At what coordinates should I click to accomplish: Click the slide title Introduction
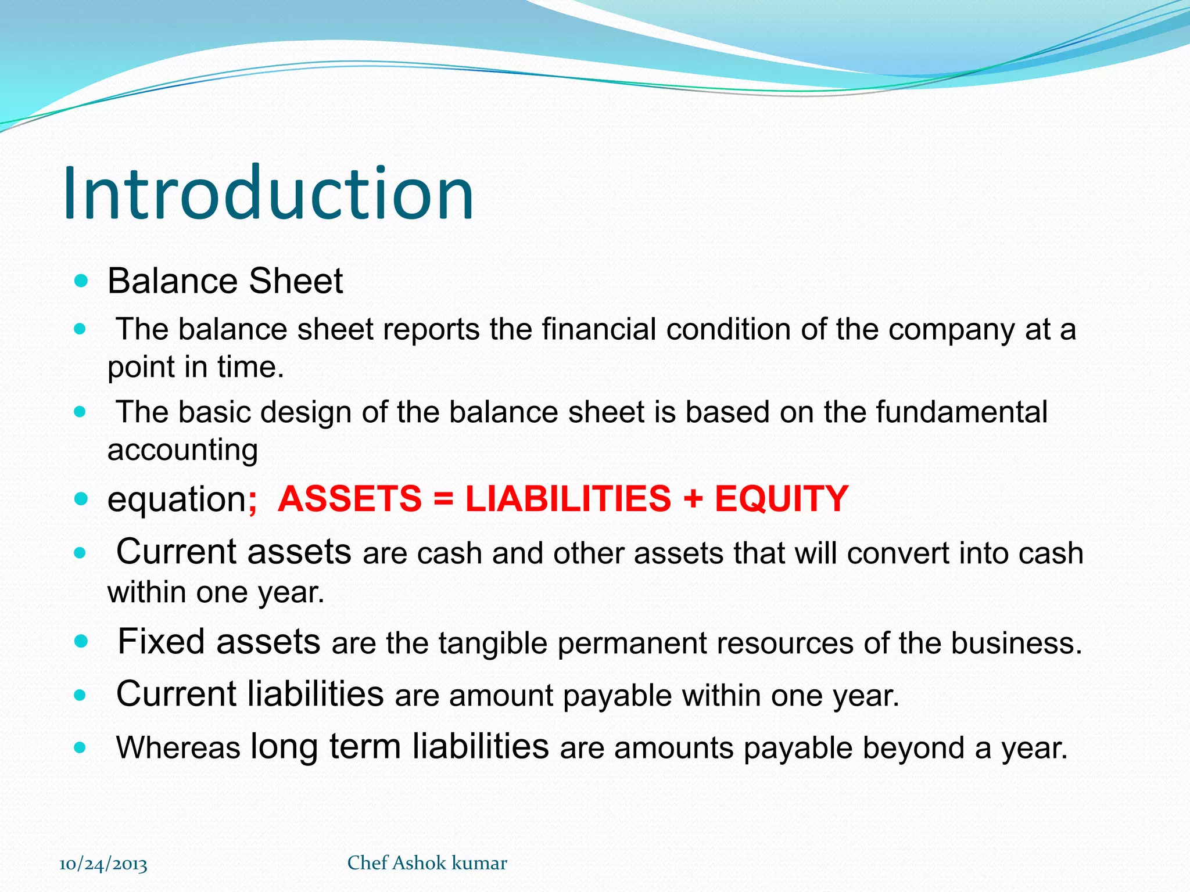point(268,193)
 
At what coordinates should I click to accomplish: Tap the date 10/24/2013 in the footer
point(103,864)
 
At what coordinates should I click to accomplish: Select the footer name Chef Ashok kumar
point(427,863)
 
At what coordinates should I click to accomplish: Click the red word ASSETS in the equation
point(350,499)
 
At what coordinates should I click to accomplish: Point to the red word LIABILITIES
point(568,499)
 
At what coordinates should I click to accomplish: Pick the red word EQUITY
point(782,499)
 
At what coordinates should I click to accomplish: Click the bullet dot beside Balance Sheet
point(81,282)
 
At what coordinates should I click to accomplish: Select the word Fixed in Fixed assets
point(161,642)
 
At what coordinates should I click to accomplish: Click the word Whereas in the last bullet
point(178,748)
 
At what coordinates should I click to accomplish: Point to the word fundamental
point(962,412)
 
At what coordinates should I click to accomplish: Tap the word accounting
point(182,450)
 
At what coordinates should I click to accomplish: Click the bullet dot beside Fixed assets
point(81,642)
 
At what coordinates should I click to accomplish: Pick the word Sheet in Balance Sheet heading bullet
point(296,282)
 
